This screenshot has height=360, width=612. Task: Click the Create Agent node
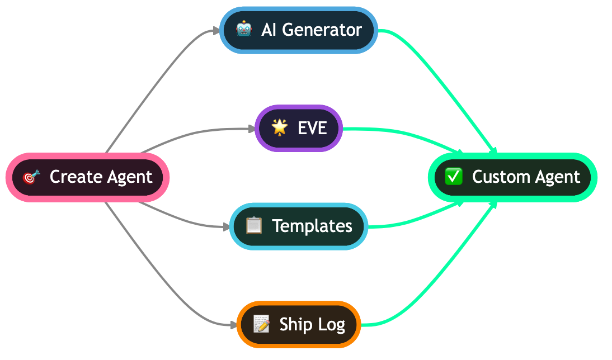coord(87,177)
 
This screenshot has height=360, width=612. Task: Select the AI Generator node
coord(299,30)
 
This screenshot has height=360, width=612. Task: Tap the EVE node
coord(299,128)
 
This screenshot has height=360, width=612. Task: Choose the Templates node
coord(299,226)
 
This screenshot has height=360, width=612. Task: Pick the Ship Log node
coord(299,324)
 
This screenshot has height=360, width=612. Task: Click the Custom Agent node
coord(512,177)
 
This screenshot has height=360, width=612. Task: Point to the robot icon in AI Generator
coord(244,30)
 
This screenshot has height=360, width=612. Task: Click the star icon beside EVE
coord(279,127)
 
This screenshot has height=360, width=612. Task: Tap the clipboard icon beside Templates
coord(254,226)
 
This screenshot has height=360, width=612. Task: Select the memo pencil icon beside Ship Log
coord(261,324)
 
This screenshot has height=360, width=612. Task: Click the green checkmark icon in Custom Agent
coord(453,177)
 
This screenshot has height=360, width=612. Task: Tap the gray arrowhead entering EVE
coord(251,129)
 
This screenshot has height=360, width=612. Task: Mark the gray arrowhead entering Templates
coord(226,226)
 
